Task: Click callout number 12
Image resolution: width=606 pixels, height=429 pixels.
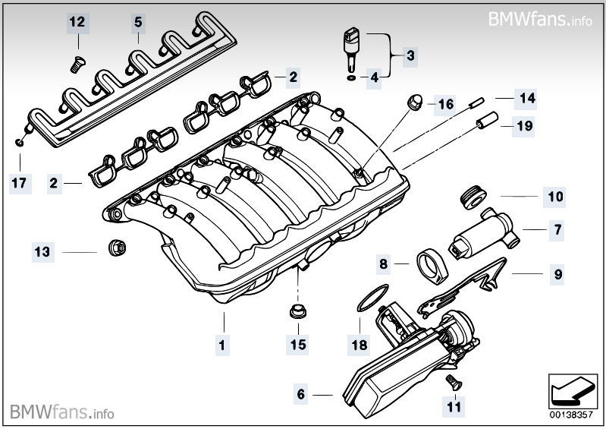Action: tap(77, 22)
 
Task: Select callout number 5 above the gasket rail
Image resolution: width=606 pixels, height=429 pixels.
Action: tap(138, 22)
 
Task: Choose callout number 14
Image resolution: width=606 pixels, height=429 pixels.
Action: tap(526, 98)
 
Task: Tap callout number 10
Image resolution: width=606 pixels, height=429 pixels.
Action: tap(556, 197)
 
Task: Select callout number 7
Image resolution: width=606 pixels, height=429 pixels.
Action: tap(557, 229)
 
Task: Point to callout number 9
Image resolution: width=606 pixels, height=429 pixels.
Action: tap(557, 274)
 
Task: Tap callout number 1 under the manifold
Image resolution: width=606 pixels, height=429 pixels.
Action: tap(222, 344)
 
